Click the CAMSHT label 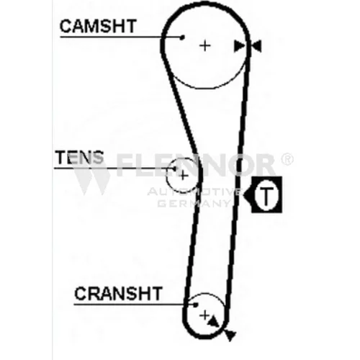[x=98, y=26]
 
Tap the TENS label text [x=79, y=157]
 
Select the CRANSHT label [x=118, y=293]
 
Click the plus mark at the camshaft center [x=205, y=45]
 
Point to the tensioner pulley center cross [x=184, y=176]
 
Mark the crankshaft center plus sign [x=204, y=315]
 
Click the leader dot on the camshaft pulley [x=182, y=37]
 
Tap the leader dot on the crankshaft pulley [x=196, y=305]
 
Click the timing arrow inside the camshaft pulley [x=239, y=46]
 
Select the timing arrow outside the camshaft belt [x=256, y=46]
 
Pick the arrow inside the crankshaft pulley [x=213, y=322]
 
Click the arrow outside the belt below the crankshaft [x=230, y=335]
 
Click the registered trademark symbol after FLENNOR [x=287, y=159]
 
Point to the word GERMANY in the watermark [x=194, y=204]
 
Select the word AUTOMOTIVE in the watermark [x=194, y=192]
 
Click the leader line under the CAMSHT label [x=121, y=37]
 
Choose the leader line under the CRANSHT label [x=135, y=305]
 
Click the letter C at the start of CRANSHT [x=80, y=293]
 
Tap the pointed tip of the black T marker [x=243, y=195]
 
